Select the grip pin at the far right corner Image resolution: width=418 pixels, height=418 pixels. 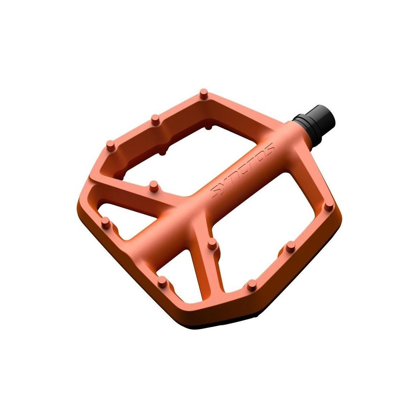point(328,208)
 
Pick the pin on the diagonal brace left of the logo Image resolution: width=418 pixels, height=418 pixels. point(154,186)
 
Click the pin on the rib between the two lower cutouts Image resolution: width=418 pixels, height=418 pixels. point(213,243)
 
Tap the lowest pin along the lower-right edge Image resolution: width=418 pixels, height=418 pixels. point(252,285)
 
